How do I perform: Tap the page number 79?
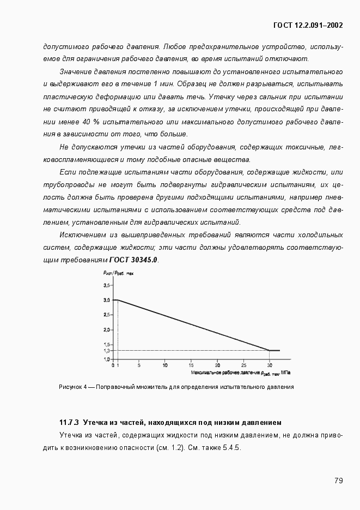click(x=338, y=481)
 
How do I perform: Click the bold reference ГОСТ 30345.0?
click(x=133, y=260)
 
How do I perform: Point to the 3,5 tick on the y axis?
click(x=106, y=285)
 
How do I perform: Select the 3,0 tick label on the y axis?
click(x=106, y=300)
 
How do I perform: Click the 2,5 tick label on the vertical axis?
click(x=106, y=315)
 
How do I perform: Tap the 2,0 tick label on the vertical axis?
click(x=106, y=330)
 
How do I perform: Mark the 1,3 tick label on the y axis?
click(x=106, y=351)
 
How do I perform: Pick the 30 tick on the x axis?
click(x=269, y=365)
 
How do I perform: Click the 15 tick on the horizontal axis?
click(x=191, y=365)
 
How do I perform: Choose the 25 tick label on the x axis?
click(x=243, y=365)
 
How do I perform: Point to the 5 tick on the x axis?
click(x=139, y=365)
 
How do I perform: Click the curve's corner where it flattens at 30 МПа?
click(x=269, y=350)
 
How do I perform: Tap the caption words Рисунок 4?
click(x=71, y=387)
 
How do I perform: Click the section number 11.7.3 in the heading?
click(x=69, y=422)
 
